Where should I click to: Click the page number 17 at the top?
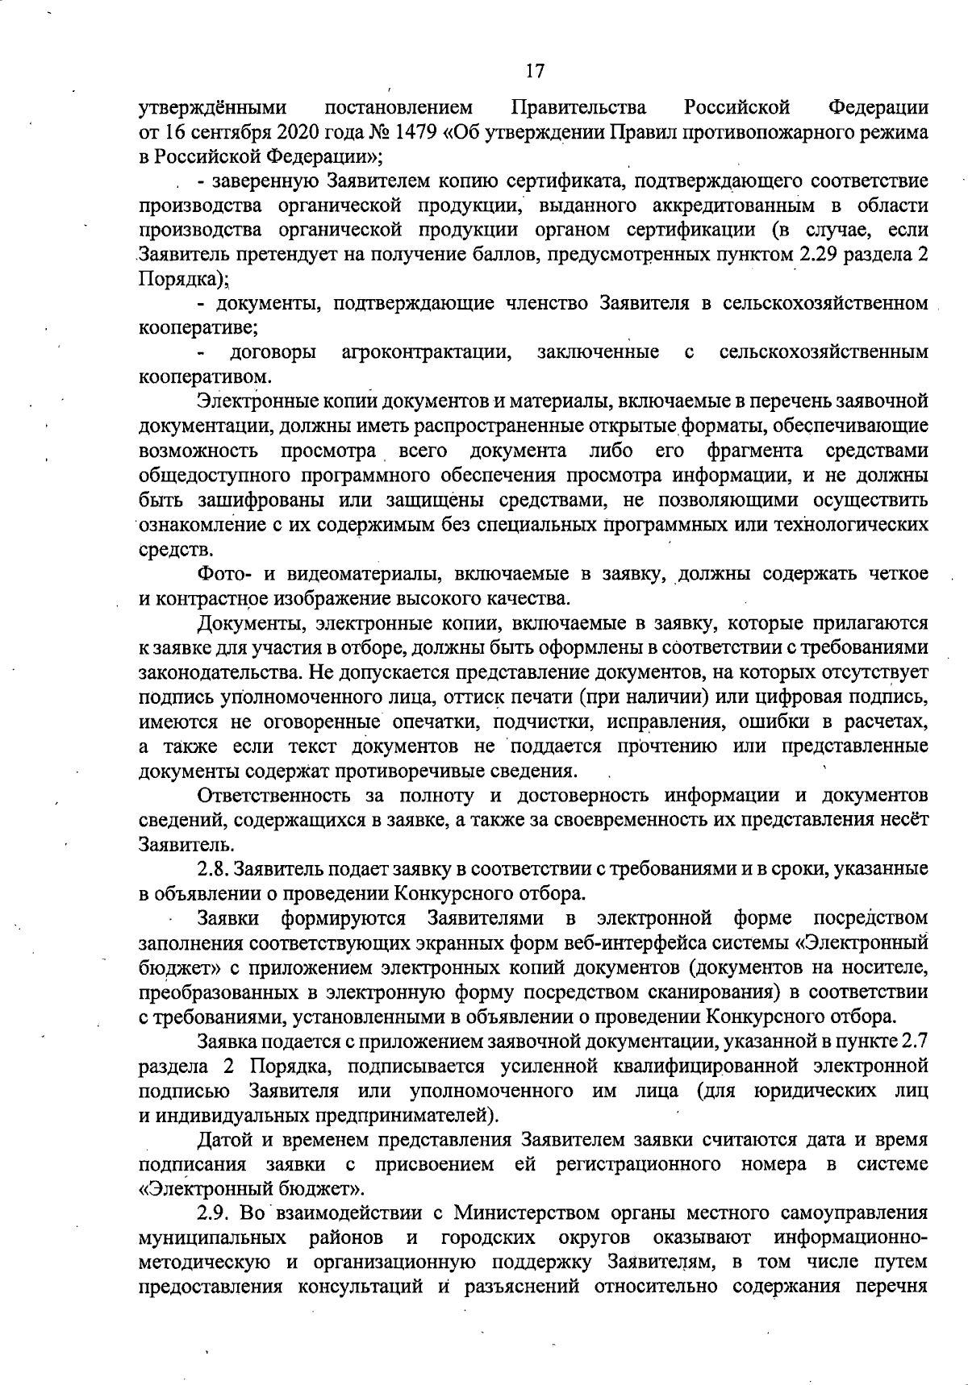pyautogui.click(x=535, y=72)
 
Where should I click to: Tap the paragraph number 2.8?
pyautogui.click(x=212, y=868)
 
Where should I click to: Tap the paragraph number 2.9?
pyautogui.click(x=212, y=1236)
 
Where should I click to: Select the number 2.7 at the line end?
pyautogui.click(x=913, y=1042)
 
